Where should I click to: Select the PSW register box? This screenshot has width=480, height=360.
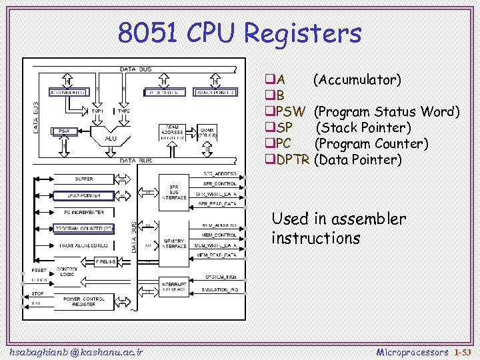pos(64,131)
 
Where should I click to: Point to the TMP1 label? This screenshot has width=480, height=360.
pos(97,111)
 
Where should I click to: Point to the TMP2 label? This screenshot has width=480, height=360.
pos(124,111)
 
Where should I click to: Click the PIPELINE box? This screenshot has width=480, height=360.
pos(107,261)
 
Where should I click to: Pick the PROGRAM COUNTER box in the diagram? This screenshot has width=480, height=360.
pos(84,229)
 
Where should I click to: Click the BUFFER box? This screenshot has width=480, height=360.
pos(84,179)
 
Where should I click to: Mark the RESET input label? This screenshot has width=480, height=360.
pos(39,271)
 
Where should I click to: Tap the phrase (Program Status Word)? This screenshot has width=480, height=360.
pos(387,111)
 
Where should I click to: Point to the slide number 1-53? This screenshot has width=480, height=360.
pos(461,351)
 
